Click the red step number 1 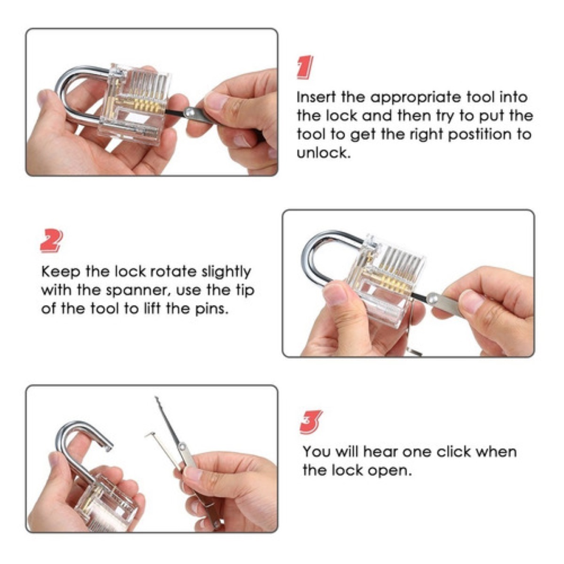point(305,67)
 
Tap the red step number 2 point(52,241)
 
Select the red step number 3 point(312,422)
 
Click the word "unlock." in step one point(323,153)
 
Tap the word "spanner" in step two point(139,290)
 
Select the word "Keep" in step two point(61,272)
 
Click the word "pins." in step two point(211,309)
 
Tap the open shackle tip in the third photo point(108,447)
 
